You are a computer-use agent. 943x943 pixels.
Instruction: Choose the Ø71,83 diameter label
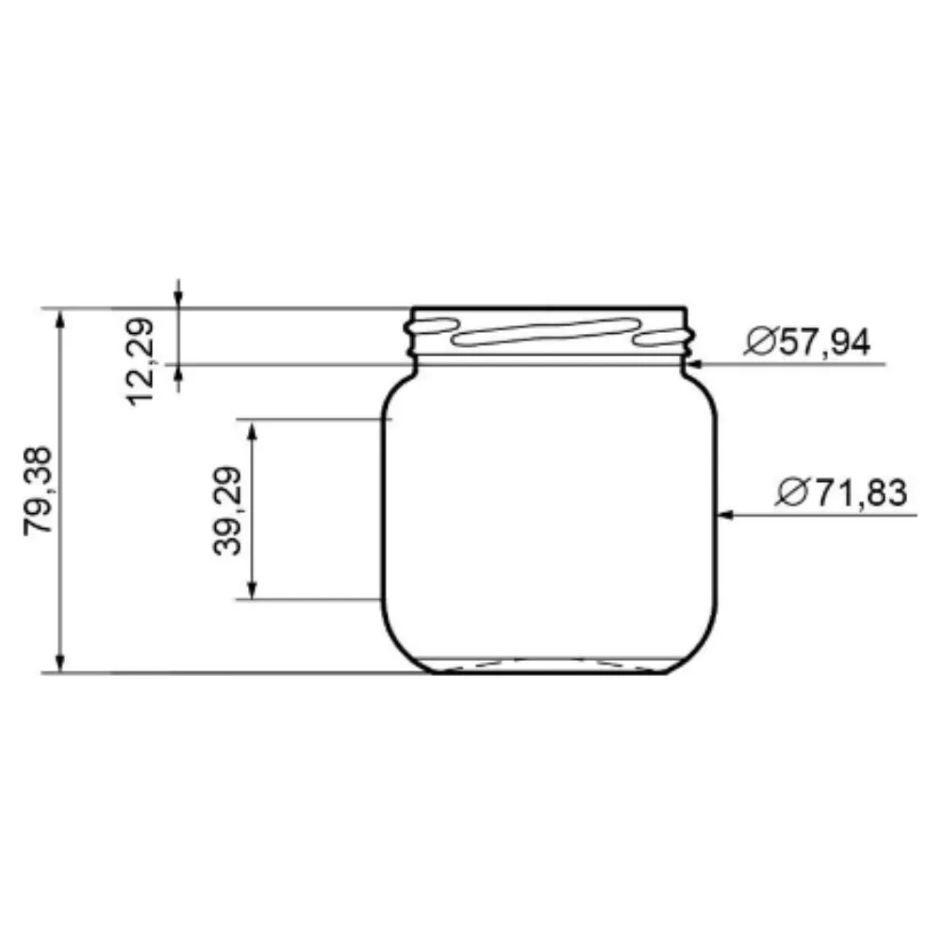click(841, 492)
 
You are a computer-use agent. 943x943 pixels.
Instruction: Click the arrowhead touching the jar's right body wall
click(725, 515)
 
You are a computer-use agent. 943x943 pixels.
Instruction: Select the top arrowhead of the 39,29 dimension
click(252, 429)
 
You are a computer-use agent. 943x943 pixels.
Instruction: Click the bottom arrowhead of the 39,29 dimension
click(252, 589)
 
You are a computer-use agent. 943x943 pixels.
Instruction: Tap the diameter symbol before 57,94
click(758, 341)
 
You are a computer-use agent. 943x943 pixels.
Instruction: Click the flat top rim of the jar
click(550, 307)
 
